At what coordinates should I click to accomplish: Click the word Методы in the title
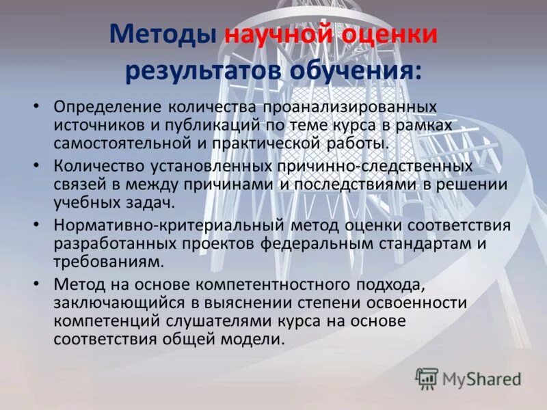[163, 34]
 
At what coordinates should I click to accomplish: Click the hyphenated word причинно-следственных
[375, 167]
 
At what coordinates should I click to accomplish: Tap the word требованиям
[108, 260]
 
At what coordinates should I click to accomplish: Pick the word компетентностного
[300, 284]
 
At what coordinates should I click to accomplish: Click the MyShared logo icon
[427, 378]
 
